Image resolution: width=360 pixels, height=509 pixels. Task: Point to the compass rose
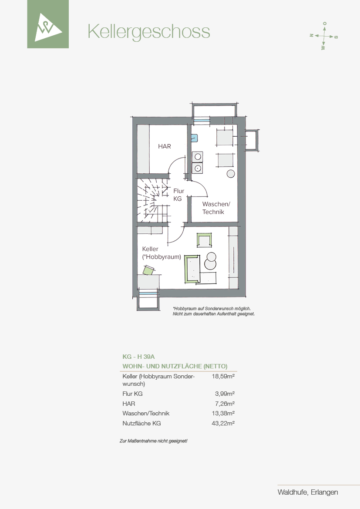[324, 36]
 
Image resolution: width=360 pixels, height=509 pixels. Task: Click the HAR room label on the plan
[165, 146]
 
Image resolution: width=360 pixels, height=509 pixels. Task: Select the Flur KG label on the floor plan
[178, 195]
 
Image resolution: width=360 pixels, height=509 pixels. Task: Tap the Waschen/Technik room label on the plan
[216, 208]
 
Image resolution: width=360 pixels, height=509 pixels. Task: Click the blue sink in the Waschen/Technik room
[194, 138]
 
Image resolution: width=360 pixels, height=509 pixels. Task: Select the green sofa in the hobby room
[192, 269]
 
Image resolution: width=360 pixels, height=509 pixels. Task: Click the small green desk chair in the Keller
[149, 270]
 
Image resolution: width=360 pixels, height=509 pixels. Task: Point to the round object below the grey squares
[231, 174]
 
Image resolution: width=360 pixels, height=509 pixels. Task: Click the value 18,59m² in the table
[223, 377]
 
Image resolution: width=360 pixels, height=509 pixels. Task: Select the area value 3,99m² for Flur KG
[225, 394]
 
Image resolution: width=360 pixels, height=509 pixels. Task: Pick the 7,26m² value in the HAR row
[225, 404]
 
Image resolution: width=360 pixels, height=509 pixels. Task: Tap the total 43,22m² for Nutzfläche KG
[223, 423]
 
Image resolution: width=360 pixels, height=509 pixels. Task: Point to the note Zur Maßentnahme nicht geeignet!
[154, 441]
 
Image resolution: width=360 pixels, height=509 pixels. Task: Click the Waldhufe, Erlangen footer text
[308, 492]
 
